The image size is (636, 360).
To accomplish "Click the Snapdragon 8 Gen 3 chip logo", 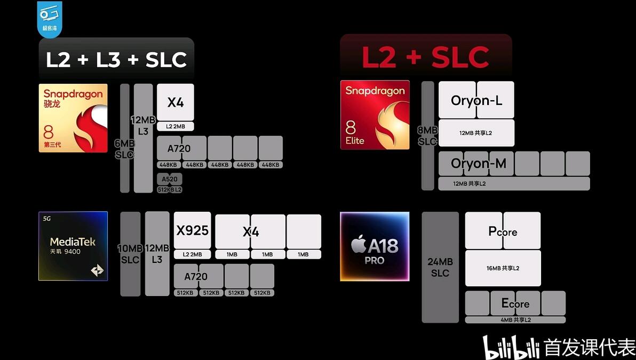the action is (x=73, y=118).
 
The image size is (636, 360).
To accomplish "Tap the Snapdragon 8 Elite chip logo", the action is (x=375, y=115).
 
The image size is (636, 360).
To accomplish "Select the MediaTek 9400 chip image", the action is (x=73, y=246).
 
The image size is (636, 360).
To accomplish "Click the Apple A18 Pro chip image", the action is (x=375, y=246).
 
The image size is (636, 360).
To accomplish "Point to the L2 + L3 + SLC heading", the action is (x=116, y=59).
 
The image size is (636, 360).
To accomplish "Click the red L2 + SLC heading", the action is (x=426, y=57).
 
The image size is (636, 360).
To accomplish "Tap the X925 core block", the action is (x=192, y=230).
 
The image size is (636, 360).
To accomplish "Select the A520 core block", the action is (x=170, y=179).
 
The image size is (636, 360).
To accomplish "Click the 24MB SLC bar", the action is (x=440, y=267).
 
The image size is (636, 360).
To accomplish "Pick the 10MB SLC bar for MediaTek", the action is (x=130, y=254).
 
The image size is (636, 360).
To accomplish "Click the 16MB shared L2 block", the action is (x=503, y=268).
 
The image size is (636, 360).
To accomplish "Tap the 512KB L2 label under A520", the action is (x=170, y=189).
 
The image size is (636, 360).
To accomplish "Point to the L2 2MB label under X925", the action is (x=192, y=254).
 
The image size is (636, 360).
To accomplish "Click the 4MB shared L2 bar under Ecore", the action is (x=515, y=320).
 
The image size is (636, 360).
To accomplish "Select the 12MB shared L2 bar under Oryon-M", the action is (x=514, y=183).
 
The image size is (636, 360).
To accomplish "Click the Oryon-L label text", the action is (x=476, y=101).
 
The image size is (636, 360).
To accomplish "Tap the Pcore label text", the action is (x=503, y=231).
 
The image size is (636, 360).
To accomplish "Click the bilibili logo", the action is (x=511, y=347).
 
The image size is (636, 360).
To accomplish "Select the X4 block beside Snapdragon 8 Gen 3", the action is (x=175, y=102).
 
